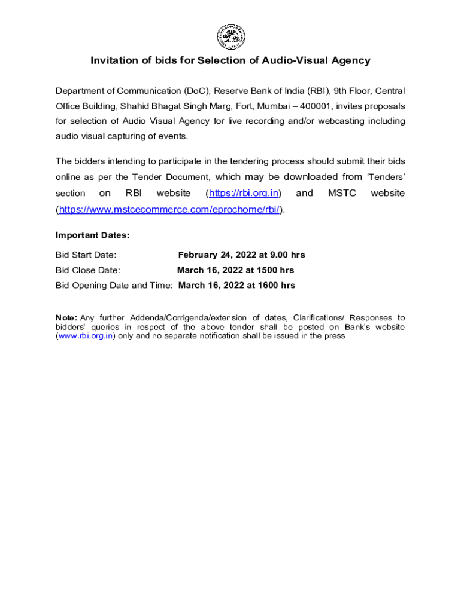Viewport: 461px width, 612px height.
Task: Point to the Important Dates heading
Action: [92, 235]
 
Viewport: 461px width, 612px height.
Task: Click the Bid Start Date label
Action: [86, 255]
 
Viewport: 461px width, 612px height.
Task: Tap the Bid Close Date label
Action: [88, 270]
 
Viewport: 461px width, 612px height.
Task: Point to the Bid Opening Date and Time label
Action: [114, 286]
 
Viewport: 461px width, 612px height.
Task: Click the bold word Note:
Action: [66, 317]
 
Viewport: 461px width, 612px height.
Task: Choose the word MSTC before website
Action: [342, 193]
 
